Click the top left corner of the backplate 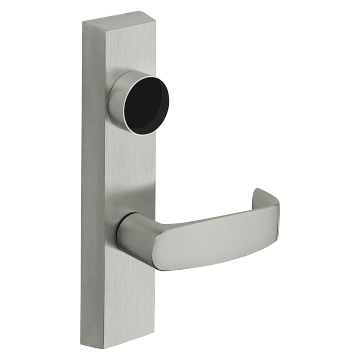pyautogui.click(x=83, y=22)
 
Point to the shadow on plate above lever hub pyautogui.click(x=137, y=202)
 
